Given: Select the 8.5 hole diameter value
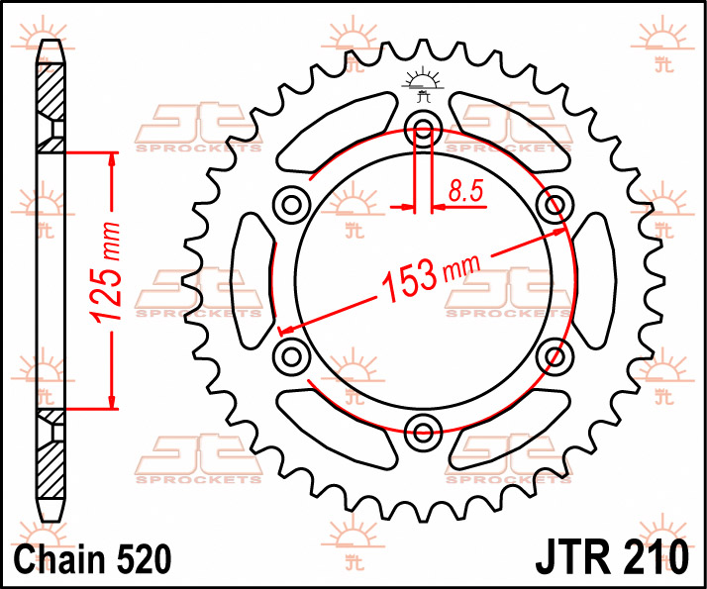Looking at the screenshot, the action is pyautogui.click(x=465, y=191).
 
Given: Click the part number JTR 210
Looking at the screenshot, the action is pyautogui.click(x=612, y=558).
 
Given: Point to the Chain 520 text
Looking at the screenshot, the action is pyautogui.click(x=92, y=558).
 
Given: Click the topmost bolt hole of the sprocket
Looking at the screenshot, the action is pyautogui.click(x=423, y=130).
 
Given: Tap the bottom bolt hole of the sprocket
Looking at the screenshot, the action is pyautogui.click(x=423, y=433).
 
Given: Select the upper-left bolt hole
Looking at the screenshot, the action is pyautogui.click(x=292, y=205).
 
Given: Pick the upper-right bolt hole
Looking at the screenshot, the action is pyautogui.click(x=555, y=205).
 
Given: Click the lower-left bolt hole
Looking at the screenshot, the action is pyautogui.click(x=292, y=357).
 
